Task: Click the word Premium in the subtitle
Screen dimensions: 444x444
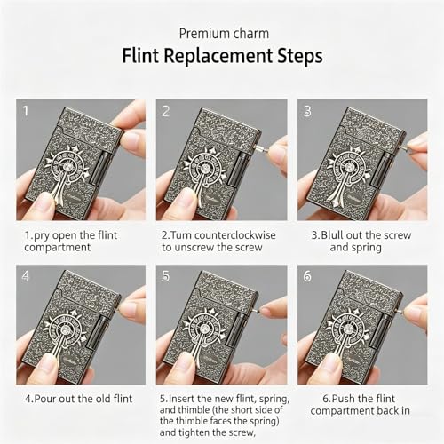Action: click(x=203, y=34)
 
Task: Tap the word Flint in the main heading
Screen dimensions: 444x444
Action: click(x=140, y=56)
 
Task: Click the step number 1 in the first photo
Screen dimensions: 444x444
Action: click(x=26, y=111)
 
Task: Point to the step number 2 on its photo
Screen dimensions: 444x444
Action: click(x=166, y=111)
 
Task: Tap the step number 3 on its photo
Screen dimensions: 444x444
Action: click(x=307, y=111)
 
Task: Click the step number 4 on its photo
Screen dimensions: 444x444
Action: click(x=26, y=276)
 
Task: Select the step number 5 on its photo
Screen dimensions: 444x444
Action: click(x=166, y=276)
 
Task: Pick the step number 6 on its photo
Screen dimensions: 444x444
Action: click(x=307, y=276)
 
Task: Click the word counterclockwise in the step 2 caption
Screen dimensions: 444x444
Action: click(x=235, y=235)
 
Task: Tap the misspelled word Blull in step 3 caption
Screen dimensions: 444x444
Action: click(x=332, y=235)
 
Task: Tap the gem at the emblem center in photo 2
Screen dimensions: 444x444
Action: click(x=204, y=169)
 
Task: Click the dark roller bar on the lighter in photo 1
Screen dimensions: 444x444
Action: click(x=99, y=169)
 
